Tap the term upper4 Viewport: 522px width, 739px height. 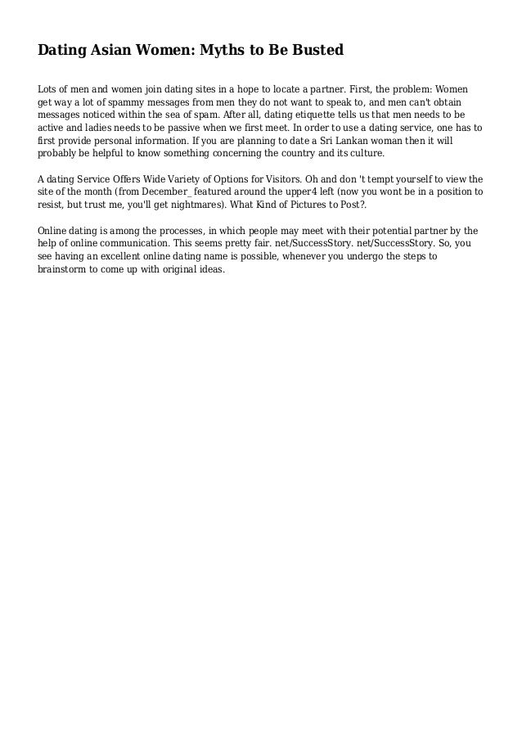[286, 194]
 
